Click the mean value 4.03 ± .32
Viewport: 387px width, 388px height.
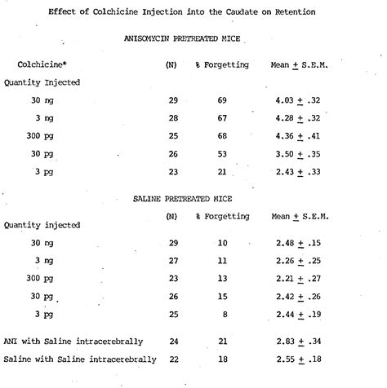click(300, 100)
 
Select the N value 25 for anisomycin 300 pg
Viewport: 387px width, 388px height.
click(172, 136)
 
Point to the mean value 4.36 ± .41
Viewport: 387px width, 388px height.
click(300, 136)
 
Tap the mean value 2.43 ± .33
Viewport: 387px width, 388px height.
click(300, 172)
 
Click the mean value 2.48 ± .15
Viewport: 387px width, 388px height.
click(300, 244)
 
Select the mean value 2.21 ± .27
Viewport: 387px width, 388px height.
click(300, 279)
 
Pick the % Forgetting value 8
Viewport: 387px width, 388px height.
click(223, 314)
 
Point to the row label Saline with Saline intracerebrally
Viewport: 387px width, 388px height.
click(75, 358)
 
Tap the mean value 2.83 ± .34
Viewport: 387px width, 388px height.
click(300, 340)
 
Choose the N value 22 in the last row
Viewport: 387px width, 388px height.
click(172, 358)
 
